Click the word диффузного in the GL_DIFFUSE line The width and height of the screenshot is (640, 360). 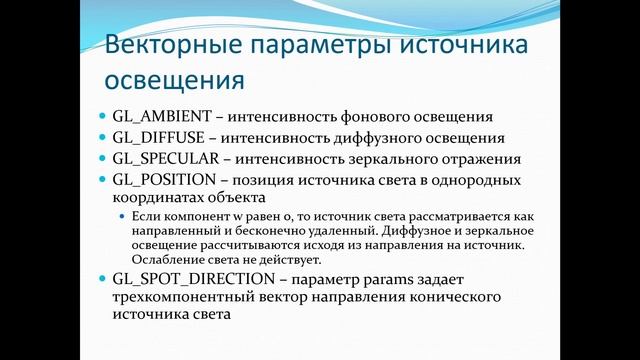coord(380,138)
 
